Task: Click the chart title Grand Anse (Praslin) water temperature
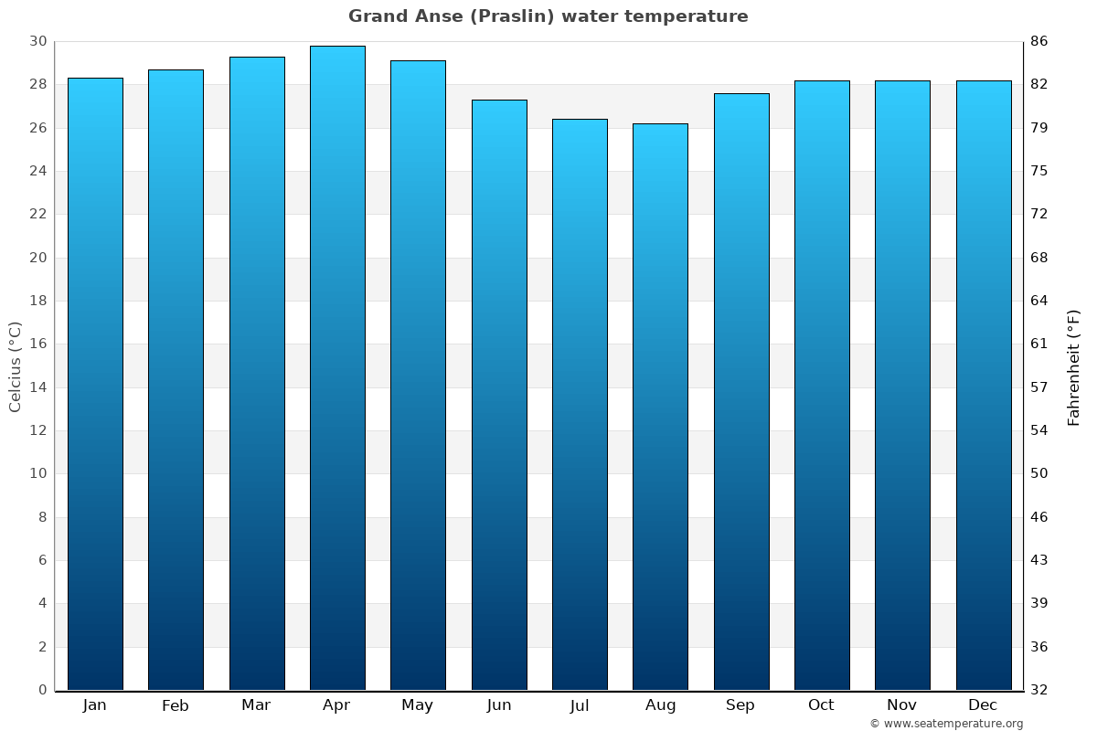pyautogui.click(x=548, y=16)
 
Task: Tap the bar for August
pyautogui.click(x=660, y=407)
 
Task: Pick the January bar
pyautogui.click(x=95, y=384)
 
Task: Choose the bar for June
pyautogui.click(x=499, y=395)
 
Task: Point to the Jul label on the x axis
pyautogui.click(x=580, y=705)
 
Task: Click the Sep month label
pyautogui.click(x=740, y=705)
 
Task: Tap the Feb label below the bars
pyautogui.click(x=176, y=705)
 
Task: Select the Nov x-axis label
pyautogui.click(x=902, y=705)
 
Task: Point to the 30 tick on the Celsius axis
pyautogui.click(x=37, y=41)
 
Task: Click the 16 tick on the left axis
pyautogui.click(x=37, y=344)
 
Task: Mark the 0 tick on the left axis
pyautogui.click(x=42, y=690)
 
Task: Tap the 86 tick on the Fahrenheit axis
pyautogui.click(x=1039, y=41)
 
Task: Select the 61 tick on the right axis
pyautogui.click(x=1039, y=344)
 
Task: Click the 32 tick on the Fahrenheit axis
pyautogui.click(x=1039, y=690)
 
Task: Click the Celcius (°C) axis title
pyautogui.click(x=16, y=365)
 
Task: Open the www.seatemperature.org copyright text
pyautogui.click(x=946, y=724)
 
